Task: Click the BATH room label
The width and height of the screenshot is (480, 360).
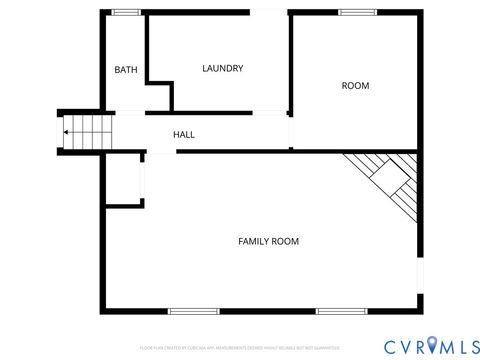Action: pos(126,70)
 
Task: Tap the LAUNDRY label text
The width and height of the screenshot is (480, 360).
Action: pos(222,68)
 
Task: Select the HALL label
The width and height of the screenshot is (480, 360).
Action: pos(184,134)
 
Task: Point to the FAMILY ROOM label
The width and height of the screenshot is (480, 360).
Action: pos(268,241)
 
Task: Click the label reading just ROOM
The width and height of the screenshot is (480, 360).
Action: pos(355,86)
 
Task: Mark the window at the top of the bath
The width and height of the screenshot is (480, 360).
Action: pos(126,12)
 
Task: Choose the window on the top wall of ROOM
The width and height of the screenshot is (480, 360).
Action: pos(355,12)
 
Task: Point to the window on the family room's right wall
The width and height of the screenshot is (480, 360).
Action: pos(419,275)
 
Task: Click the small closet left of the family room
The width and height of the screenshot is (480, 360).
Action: pos(124,180)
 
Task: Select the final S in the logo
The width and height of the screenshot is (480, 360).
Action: pos(469,345)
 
